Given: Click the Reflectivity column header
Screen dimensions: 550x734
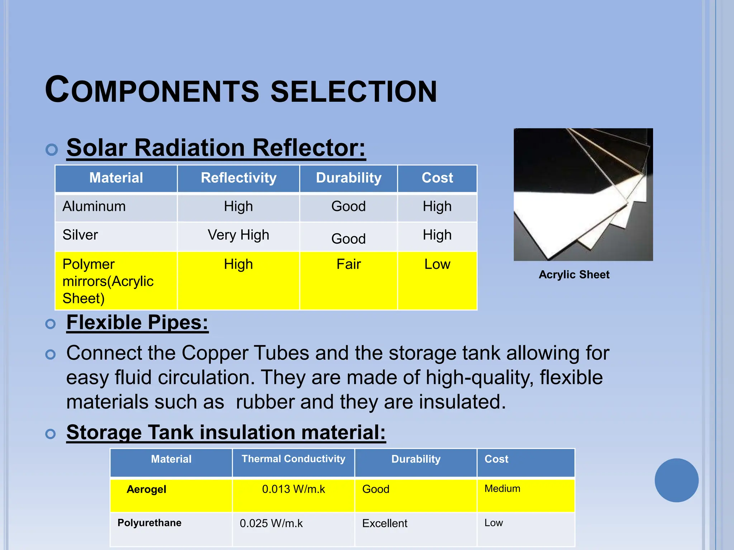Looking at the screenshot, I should click(x=238, y=178).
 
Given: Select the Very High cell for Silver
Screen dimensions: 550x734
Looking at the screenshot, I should click(x=238, y=235).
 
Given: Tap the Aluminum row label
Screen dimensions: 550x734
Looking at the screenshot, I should click(x=94, y=207).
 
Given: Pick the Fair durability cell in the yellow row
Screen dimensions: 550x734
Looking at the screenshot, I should click(x=348, y=264).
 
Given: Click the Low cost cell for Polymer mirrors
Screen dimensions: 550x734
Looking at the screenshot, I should click(x=437, y=264).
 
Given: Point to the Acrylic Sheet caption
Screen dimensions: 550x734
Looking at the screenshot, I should click(x=574, y=275).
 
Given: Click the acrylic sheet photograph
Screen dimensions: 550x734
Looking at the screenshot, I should click(x=583, y=194).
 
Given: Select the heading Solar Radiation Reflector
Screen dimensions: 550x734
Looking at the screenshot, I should click(x=216, y=148).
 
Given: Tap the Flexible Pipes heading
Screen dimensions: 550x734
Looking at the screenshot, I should click(x=137, y=322).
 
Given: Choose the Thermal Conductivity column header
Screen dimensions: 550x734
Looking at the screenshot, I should click(x=293, y=459).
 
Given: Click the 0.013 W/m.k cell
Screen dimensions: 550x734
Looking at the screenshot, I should click(x=293, y=489).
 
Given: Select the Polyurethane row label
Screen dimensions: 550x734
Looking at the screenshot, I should click(x=149, y=523).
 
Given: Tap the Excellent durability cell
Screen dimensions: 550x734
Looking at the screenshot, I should click(x=385, y=524).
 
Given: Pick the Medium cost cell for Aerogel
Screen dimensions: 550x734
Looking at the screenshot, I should click(x=502, y=489).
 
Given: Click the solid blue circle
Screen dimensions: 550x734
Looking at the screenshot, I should click(x=676, y=480).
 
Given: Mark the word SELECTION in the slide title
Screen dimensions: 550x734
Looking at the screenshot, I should click(x=353, y=92).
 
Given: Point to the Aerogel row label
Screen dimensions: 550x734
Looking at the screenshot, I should click(x=146, y=489).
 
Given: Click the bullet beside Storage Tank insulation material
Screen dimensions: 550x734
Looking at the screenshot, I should click(x=51, y=434).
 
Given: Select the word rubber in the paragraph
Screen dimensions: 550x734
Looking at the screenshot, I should click(x=265, y=402).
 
